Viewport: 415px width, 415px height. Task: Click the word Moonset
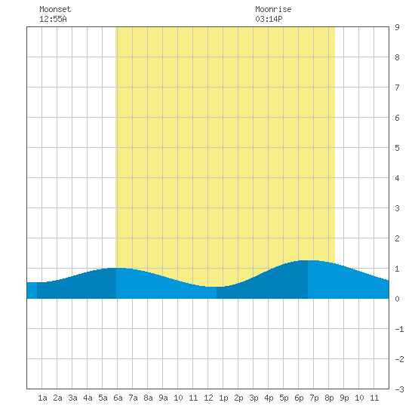55,9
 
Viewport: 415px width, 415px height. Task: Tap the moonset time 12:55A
53,19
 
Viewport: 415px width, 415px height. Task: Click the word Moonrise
273,9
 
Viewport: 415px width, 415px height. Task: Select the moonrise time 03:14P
269,19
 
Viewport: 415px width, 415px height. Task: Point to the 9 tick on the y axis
397,27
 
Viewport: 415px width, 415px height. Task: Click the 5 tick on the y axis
397,148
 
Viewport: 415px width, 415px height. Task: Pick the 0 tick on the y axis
397,299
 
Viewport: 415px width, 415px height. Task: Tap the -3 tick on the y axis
399,389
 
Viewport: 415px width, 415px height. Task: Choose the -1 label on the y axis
399,329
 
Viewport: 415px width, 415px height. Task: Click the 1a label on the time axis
42,398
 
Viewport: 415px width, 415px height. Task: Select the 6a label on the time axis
118,398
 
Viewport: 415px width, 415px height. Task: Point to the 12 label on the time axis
208,398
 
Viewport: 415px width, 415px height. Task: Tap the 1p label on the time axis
223,398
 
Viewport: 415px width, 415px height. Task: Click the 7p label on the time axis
314,398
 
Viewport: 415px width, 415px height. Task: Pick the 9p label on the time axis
344,398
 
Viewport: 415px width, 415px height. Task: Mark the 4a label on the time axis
88,398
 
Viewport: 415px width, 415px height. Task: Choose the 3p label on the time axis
254,398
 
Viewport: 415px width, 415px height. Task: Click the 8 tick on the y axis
397,57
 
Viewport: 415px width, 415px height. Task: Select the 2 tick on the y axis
397,238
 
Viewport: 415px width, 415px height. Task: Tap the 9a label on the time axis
163,398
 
